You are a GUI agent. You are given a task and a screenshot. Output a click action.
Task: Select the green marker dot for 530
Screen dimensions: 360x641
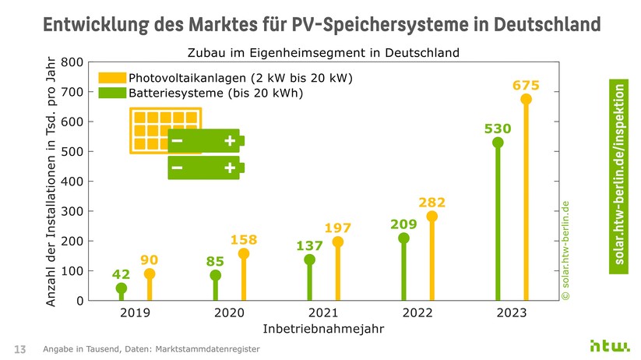coord(498,143)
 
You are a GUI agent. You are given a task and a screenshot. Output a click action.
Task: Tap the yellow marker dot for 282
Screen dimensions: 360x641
coord(432,217)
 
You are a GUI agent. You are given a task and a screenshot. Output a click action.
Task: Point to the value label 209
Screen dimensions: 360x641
coord(403,224)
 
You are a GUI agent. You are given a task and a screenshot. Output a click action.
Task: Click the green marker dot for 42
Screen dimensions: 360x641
coord(121,288)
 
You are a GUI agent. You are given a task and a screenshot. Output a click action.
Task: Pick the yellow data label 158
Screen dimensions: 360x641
coord(244,238)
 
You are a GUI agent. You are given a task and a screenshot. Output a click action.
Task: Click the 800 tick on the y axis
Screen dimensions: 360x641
coord(72,62)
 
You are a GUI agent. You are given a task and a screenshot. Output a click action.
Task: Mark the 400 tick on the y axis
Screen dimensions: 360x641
coord(72,181)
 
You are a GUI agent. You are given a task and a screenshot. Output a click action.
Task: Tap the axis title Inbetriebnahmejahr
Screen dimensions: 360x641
coord(323,329)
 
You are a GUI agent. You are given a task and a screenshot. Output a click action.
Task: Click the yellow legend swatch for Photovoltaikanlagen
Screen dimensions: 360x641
coord(111,79)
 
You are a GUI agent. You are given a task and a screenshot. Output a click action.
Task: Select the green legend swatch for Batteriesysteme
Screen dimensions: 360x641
coord(111,93)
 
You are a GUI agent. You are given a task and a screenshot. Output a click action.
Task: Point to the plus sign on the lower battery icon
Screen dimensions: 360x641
coord(230,168)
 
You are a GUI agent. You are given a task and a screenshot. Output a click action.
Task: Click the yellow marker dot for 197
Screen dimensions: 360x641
coord(338,242)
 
